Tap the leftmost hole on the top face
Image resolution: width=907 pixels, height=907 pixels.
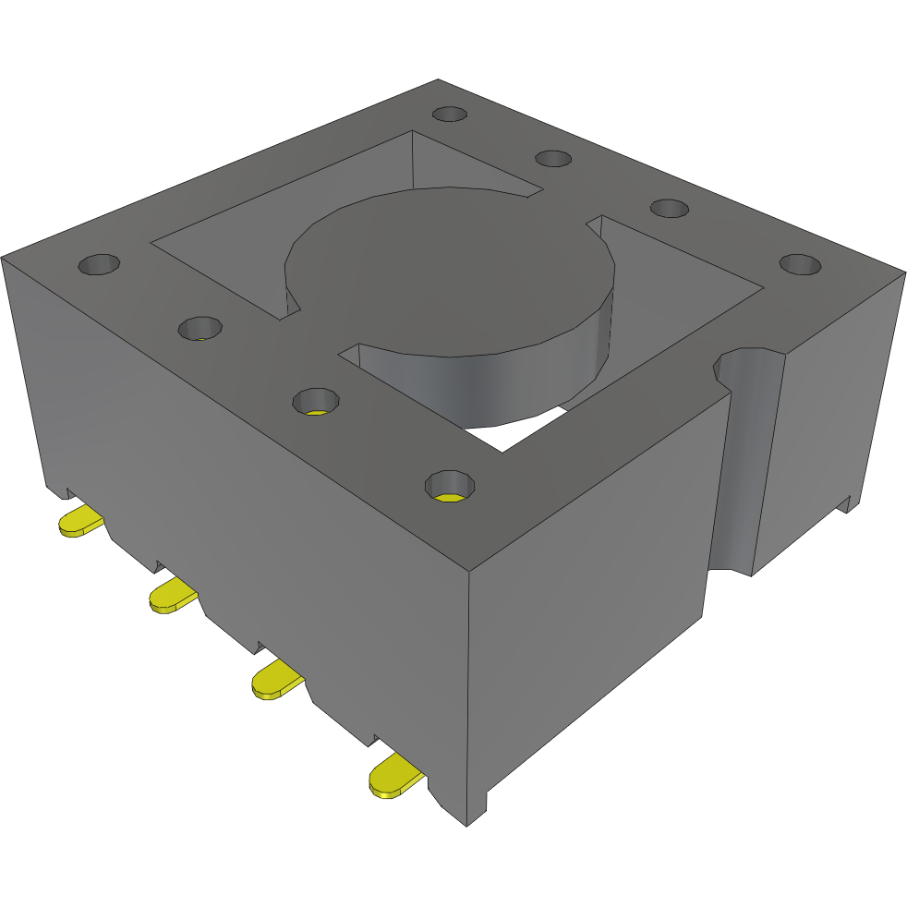click(x=99, y=266)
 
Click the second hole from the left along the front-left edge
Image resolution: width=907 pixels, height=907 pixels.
click(x=200, y=327)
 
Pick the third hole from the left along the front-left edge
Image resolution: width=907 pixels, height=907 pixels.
click(x=316, y=402)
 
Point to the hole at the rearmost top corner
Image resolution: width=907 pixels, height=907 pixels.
click(x=450, y=114)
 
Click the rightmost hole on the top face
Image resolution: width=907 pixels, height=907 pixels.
click(x=800, y=264)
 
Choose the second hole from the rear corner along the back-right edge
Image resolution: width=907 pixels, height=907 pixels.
click(x=553, y=158)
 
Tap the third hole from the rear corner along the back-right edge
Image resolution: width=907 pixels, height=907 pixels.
click(x=669, y=207)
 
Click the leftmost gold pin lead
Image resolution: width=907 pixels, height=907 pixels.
click(x=79, y=522)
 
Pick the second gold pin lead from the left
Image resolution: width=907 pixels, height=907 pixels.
click(x=173, y=597)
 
